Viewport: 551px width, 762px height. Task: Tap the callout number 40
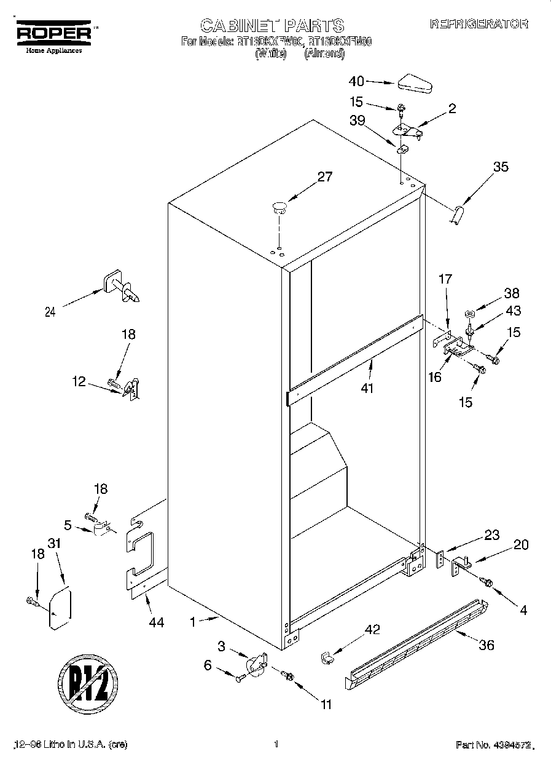coord(357,81)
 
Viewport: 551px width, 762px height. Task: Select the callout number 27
coord(324,177)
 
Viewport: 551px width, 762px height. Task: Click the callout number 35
coord(501,166)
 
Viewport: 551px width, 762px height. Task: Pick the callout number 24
coord(50,312)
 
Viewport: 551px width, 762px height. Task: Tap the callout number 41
coord(367,388)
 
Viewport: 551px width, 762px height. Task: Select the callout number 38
coord(511,293)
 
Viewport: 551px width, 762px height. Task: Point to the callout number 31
coord(55,544)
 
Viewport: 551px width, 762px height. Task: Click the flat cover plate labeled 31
coord(60,609)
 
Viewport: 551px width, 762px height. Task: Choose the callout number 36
coord(486,645)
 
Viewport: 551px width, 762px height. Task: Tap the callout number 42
coord(372,629)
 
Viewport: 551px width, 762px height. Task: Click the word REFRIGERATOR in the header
coord(479,24)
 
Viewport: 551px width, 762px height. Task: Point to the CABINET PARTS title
coord(272,25)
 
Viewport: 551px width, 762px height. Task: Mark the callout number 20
coord(521,544)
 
